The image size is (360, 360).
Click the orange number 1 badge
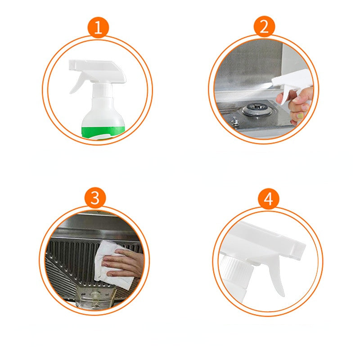point(98,28)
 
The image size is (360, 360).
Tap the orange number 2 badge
point(264,27)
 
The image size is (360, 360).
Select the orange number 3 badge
point(95,198)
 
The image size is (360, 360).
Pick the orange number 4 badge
point(269,199)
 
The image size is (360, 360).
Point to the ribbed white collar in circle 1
point(103,90)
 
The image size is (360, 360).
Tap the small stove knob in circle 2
point(234,121)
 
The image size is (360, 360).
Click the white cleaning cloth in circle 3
point(112,261)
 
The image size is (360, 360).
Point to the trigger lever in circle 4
point(277,277)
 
